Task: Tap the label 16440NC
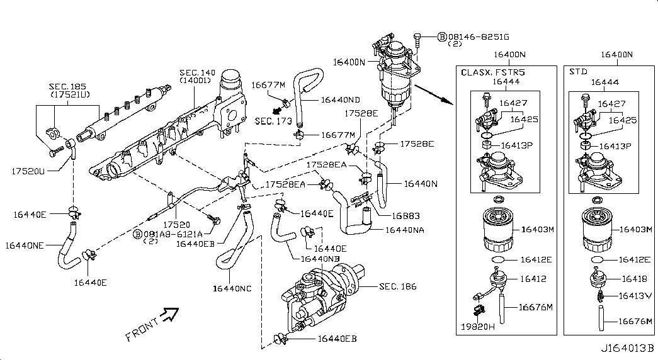coord(232,288)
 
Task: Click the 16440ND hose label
coord(340,99)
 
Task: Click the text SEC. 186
coord(398,286)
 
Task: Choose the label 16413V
coord(635,295)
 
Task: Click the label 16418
coord(632,278)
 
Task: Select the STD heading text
coord(578,72)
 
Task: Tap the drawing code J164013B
coord(627,348)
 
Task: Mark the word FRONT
coord(142,329)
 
